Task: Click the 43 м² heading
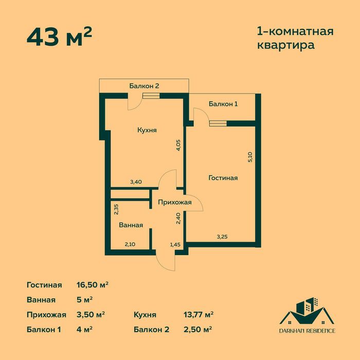tap(59, 37)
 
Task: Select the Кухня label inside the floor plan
tap(147, 131)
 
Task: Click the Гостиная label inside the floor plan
tap(223, 178)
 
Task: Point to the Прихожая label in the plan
tap(174, 202)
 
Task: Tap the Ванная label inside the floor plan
tap(131, 225)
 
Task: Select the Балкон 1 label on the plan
tap(223, 104)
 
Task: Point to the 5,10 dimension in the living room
tap(250, 157)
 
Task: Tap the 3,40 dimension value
tap(136, 182)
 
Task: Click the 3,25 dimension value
tap(222, 237)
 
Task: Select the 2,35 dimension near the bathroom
tap(116, 209)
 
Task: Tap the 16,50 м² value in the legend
tap(92, 284)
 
